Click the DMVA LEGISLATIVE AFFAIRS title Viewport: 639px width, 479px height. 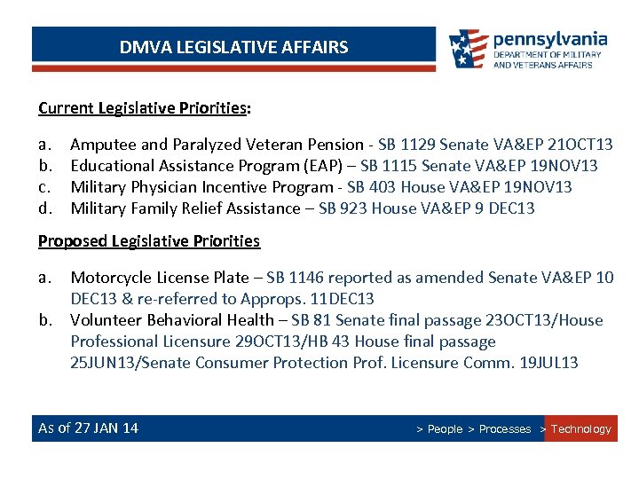(234, 47)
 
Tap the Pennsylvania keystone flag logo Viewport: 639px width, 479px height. (468, 49)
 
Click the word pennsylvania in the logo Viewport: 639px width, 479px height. (550, 39)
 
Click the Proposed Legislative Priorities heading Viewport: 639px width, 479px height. (149, 241)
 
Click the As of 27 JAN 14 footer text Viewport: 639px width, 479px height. (88, 428)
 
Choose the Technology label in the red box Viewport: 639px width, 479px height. (581, 429)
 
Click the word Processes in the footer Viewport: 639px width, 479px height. (504, 429)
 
